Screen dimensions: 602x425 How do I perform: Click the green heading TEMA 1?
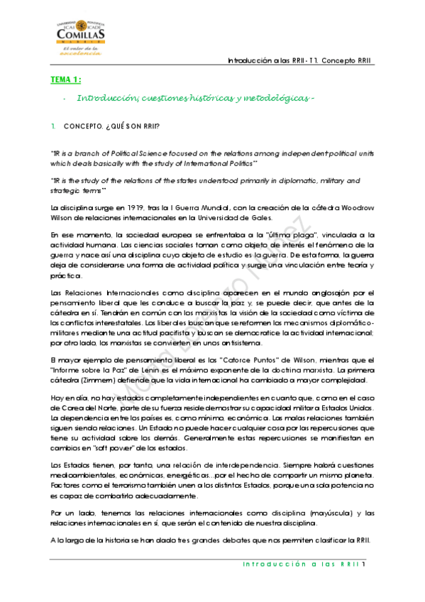[x=66, y=80]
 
